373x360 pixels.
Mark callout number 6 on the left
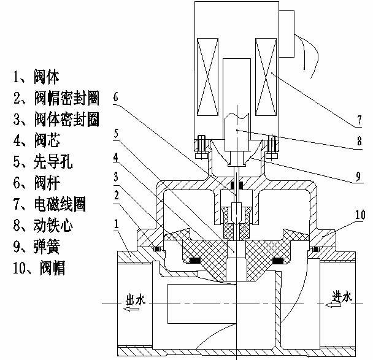[x=116, y=96]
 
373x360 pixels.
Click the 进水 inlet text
[x=341, y=297]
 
